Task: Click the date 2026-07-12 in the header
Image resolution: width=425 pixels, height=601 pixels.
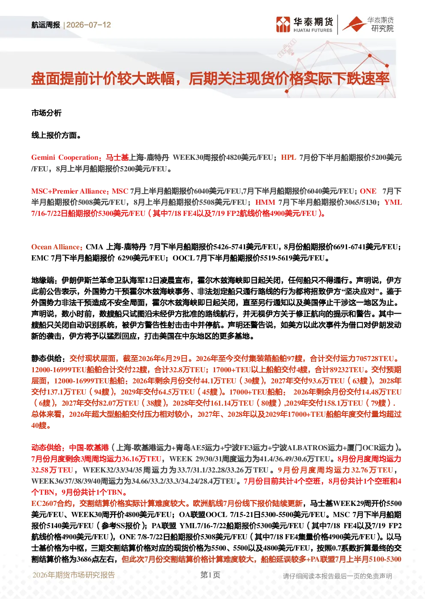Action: click(x=89, y=25)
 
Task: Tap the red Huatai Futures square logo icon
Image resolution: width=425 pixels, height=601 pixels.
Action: click(x=283, y=25)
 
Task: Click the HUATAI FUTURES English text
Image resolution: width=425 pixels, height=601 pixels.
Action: click(x=313, y=30)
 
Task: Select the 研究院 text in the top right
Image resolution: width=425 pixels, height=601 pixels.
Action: click(x=382, y=29)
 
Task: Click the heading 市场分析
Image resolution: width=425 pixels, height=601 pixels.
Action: click(x=46, y=113)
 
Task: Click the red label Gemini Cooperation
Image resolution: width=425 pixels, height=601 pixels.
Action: click(x=65, y=158)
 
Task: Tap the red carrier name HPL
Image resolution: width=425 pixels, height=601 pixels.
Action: click(x=289, y=158)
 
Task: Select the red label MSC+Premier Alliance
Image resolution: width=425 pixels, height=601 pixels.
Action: click(x=69, y=191)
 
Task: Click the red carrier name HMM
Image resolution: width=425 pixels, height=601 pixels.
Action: click(x=265, y=202)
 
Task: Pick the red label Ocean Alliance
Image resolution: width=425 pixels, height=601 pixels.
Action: click(x=56, y=247)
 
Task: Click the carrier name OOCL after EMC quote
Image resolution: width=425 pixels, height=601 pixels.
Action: click(x=183, y=258)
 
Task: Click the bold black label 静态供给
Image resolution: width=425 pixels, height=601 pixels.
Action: click(x=46, y=359)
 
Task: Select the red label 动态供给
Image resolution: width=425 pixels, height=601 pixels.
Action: click(x=46, y=448)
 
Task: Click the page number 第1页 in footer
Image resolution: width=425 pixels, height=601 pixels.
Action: click(x=210, y=575)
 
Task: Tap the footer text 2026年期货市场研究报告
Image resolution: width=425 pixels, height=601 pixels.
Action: click(x=74, y=575)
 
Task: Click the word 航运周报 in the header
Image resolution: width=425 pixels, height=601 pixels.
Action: click(x=46, y=25)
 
